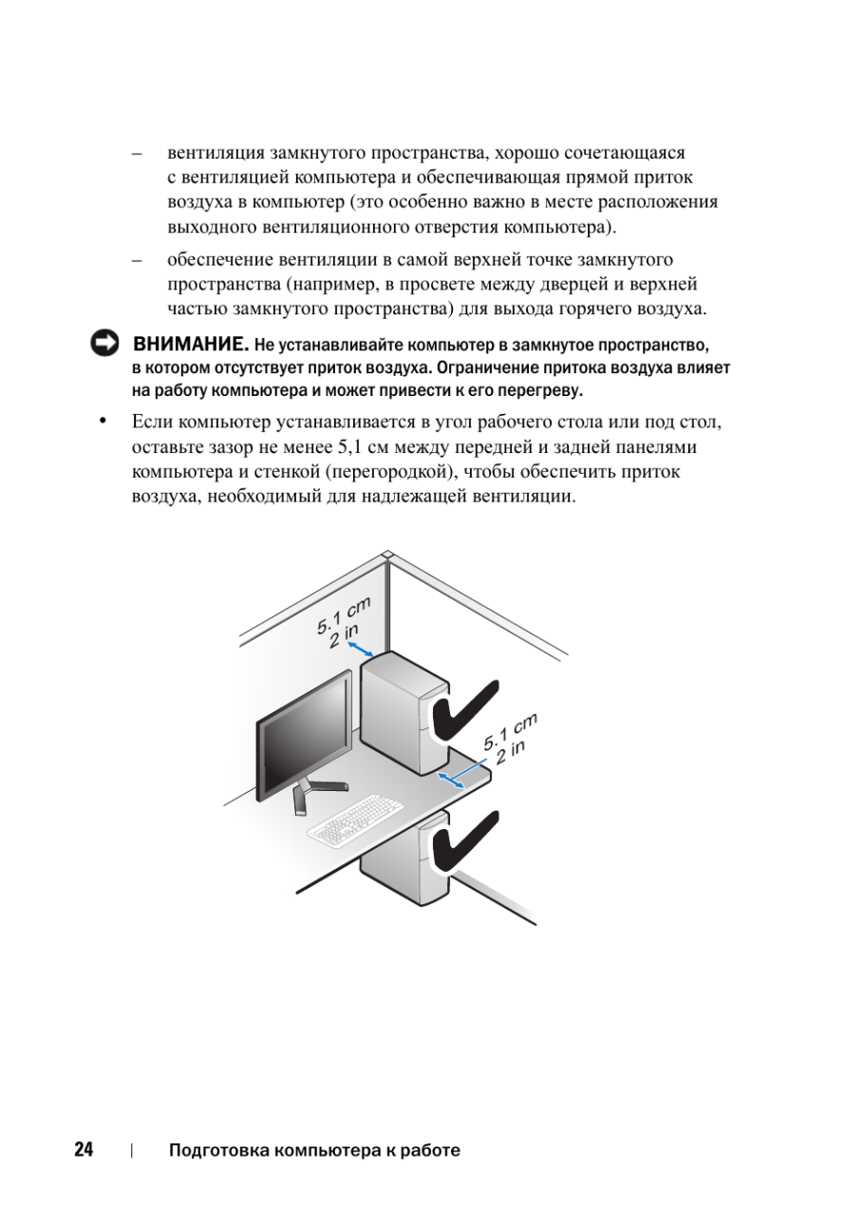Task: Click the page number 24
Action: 84,1150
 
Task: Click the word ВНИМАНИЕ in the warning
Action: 191,343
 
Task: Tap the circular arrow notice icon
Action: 104,344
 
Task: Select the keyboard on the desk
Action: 355,822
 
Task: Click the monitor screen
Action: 304,737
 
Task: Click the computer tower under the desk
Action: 404,859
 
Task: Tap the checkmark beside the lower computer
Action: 465,840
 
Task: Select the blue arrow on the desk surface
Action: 450,780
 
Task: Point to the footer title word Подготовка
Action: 217,1150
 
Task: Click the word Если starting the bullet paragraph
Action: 153,422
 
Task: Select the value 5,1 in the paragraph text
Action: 353,446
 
